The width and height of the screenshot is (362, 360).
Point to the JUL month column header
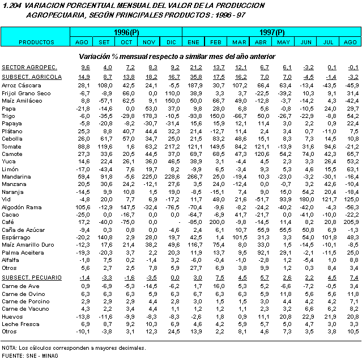327,43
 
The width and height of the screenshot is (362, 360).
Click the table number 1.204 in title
11,5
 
